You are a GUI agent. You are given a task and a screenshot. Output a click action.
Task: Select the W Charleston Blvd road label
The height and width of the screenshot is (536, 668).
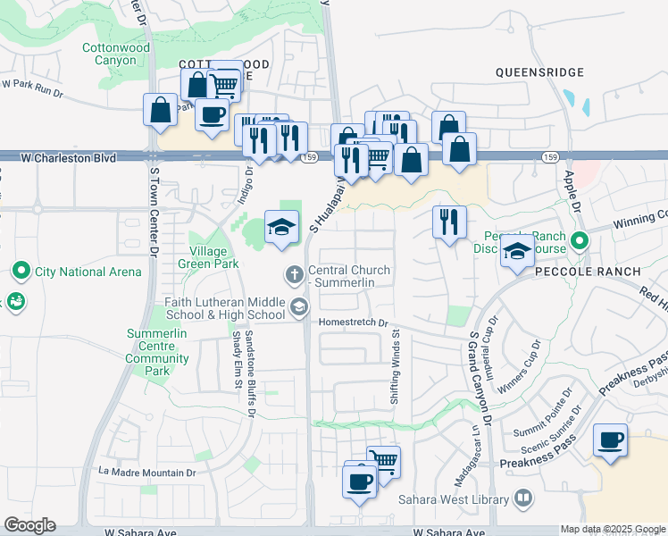69,158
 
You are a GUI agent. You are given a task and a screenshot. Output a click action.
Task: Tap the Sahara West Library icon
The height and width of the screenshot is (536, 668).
524,497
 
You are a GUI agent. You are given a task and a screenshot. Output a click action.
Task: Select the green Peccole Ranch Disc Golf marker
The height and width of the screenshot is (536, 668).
580,240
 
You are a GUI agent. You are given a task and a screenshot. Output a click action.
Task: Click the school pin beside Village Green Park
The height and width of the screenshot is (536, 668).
281,227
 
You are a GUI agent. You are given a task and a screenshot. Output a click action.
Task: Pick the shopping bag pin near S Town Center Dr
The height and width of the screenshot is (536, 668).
160,111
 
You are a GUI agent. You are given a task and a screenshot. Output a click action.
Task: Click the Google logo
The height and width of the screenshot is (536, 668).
29,525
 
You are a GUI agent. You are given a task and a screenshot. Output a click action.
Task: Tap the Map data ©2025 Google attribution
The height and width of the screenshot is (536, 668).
613,529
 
